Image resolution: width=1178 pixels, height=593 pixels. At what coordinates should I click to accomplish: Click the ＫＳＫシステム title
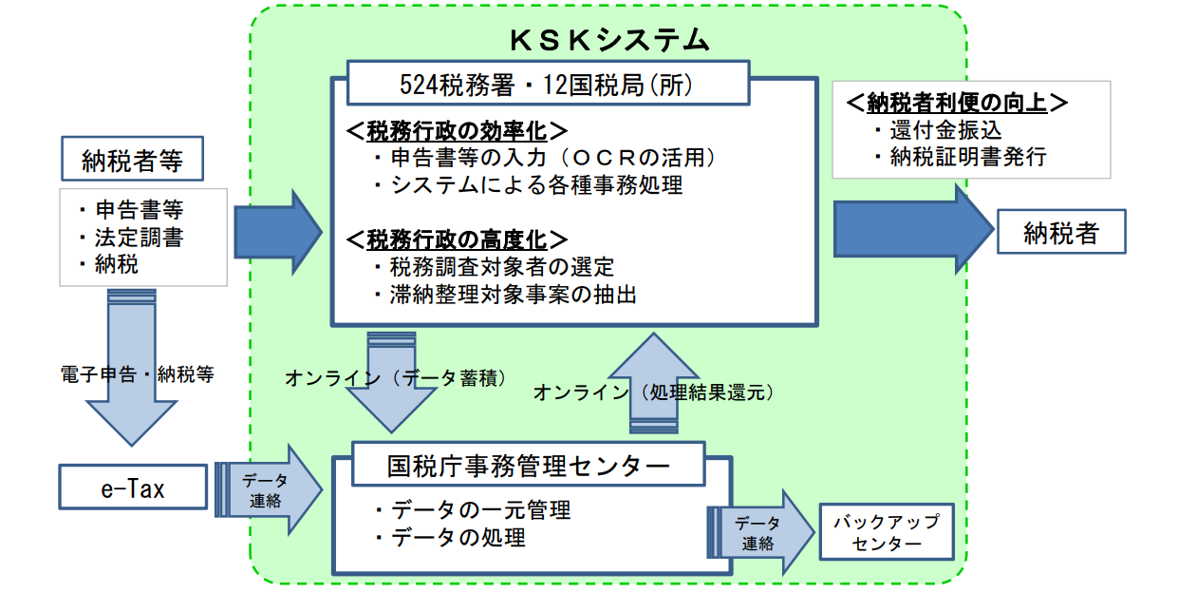(609, 41)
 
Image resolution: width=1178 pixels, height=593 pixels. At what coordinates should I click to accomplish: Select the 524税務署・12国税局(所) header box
(548, 84)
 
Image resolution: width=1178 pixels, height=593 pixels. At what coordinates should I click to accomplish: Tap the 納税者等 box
(133, 159)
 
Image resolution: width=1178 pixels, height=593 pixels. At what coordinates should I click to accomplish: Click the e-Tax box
(133, 488)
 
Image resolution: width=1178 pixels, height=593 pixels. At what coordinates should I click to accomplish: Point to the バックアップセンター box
(887, 532)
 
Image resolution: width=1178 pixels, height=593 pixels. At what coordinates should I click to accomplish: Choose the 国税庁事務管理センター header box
(528, 464)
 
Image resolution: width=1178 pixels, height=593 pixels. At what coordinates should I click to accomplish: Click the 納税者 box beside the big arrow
(1061, 232)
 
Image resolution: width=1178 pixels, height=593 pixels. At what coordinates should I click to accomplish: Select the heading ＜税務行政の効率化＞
(457, 131)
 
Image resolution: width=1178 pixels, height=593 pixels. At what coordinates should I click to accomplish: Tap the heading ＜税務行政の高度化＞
(457, 239)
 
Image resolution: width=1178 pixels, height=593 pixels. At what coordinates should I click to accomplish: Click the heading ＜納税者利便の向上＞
(957, 103)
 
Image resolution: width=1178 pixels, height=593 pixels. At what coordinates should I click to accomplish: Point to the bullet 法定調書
(132, 238)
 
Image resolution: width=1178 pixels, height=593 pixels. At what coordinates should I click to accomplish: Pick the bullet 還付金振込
(938, 130)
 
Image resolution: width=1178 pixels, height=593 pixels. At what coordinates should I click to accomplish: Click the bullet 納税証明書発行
(961, 157)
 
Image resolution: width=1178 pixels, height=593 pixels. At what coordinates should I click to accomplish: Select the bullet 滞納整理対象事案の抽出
(505, 295)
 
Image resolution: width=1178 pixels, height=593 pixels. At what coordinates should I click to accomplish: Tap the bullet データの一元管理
(473, 509)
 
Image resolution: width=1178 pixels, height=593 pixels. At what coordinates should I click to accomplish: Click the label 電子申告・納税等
(138, 374)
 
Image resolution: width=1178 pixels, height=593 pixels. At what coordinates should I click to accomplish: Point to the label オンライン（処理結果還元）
(654, 392)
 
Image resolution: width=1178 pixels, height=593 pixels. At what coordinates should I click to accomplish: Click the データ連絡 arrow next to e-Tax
(269, 489)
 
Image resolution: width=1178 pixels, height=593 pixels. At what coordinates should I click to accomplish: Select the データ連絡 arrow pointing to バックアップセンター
(760, 532)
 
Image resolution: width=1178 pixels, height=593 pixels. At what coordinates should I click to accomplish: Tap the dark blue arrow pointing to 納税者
(914, 230)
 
